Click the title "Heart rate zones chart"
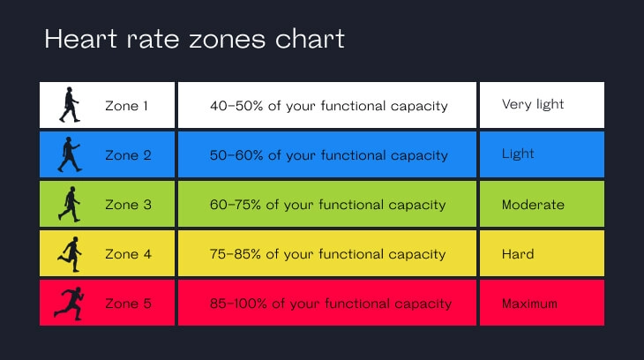(x=194, y=40)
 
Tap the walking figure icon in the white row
(x=70, y=105)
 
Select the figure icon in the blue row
(x=70, y=155)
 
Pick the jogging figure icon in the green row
(x=70, y=205)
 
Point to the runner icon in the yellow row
(x=69, y=254)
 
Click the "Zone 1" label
(x=127, y=106)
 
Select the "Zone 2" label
(x=128, y=155)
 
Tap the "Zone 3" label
(x=128, y=205)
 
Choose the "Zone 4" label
(x=128, y=254)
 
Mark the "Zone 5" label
(x=128, y=304)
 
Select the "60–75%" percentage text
(x=236, y=205)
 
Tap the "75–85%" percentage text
(x=236, y=254)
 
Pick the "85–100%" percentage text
(x=239, y=304)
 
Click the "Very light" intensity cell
(x=533, y=104)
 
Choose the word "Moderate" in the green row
(x=533, y=205)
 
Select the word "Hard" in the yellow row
(x=518, y=254)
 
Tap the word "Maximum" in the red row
(x=529, y=304)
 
